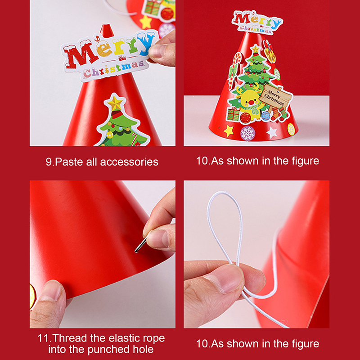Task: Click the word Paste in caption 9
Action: pos(69,162)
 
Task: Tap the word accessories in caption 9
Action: pos(129,162)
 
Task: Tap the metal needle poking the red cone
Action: pos(140,245)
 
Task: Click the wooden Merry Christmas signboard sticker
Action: pos(276,96)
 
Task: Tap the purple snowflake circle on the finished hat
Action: pos(247,133)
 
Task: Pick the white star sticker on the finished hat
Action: pos(272,132)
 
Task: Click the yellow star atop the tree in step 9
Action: pos(115,103)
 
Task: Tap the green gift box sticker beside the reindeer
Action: pos(233,114)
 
